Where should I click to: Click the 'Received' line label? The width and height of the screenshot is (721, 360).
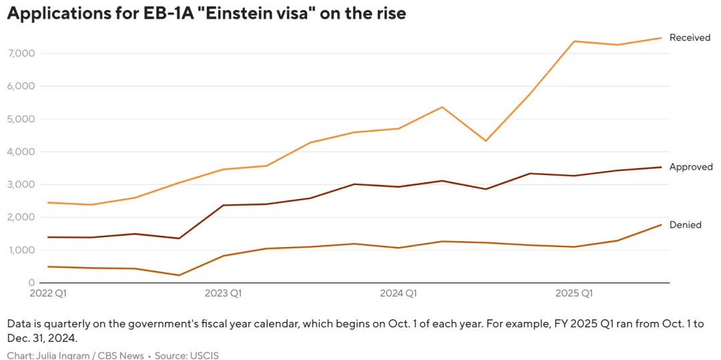coord(690,38)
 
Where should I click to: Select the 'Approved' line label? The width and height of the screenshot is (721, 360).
coord(691,167)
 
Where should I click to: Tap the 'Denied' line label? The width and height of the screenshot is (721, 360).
coord(686,225)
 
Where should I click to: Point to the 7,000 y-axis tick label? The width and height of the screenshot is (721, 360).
coord(20,53)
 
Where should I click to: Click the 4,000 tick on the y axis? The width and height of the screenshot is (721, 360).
coord(20,152)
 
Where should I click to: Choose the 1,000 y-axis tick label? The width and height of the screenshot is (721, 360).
coord(20,250)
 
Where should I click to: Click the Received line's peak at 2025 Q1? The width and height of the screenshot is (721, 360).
coord(574,41)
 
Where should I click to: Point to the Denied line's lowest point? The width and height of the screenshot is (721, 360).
coord(179,275)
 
